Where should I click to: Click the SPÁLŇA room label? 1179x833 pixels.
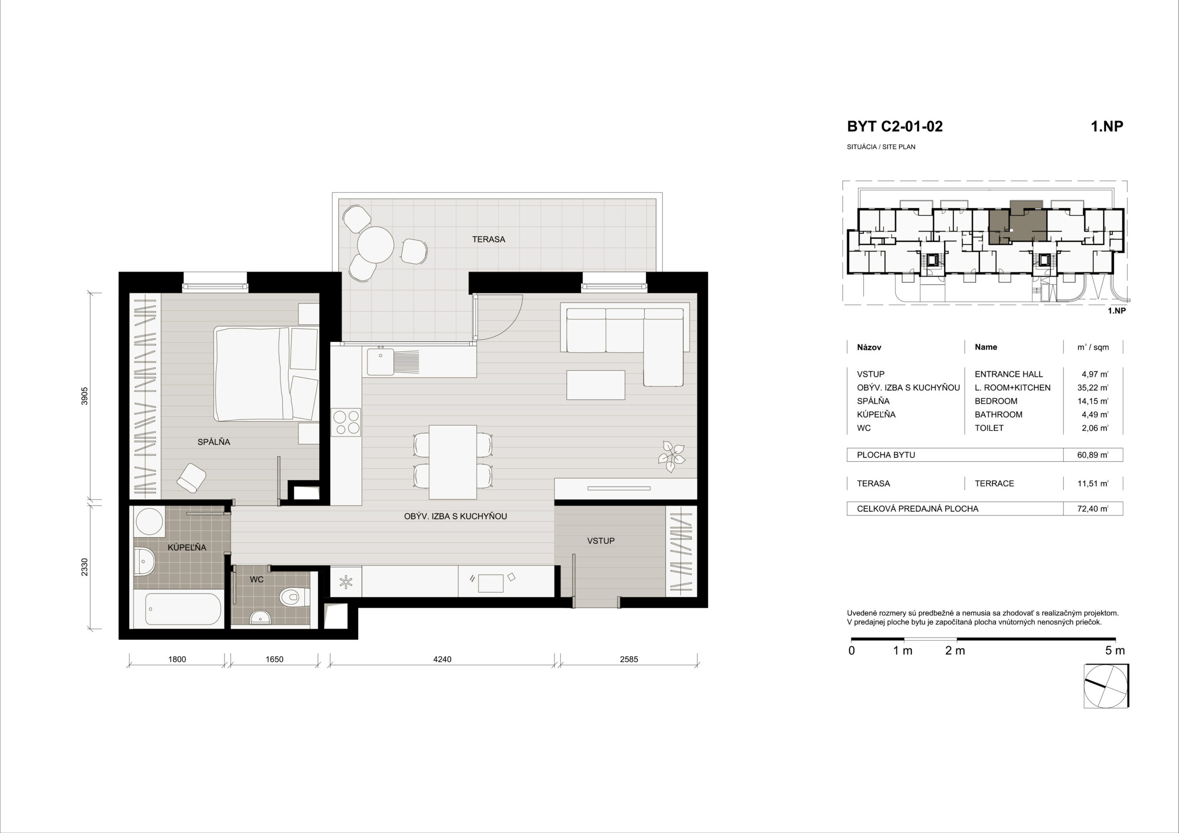(214, 442)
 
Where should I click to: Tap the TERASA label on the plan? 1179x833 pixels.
(488, 239)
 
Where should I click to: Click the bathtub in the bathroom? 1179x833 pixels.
(178, 609)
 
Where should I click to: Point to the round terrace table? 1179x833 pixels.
(376, 245)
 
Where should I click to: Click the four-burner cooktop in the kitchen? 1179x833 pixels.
(346, 422)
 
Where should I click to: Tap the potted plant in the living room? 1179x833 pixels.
(671, 456)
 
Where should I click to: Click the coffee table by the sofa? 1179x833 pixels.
(595, 384)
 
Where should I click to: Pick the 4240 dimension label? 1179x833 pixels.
(442, 659)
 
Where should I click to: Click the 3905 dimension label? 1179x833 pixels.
(85, 396)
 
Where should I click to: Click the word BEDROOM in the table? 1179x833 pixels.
(996, 401)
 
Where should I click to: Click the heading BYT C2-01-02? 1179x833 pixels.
(894, 126)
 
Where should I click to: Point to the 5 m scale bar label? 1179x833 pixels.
(1115, 651)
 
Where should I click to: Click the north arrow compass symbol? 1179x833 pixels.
(1106, 686)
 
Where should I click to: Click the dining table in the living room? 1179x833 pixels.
(453, 462)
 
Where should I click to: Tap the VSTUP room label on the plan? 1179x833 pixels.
(601, 541)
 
